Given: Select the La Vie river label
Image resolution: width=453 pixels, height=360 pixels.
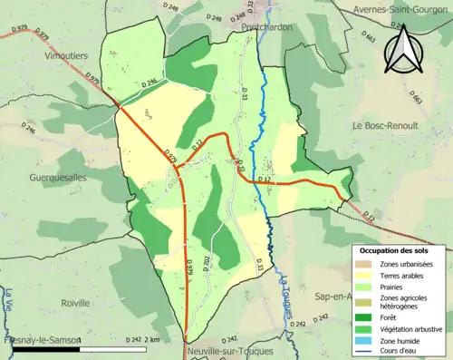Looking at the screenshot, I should pos(8,299).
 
